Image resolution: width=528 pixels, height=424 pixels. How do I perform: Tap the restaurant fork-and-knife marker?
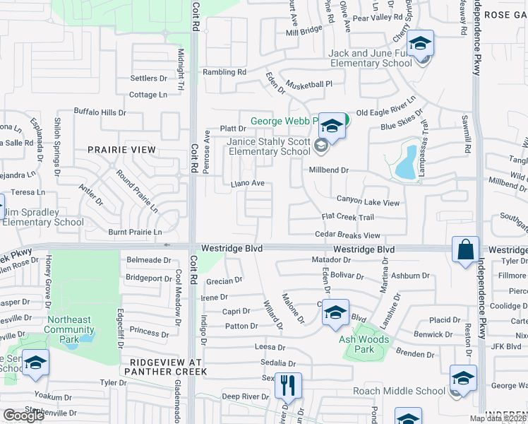(x=288, y=385)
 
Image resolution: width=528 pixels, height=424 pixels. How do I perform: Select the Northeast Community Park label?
(x=69, y=324)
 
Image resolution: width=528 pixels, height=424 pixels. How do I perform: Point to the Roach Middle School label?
(x=410, y=391)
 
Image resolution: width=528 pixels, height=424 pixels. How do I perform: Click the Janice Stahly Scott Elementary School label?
(x=268, y=146)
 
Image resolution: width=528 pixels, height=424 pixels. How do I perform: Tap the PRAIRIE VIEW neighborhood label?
(x=121, y=150)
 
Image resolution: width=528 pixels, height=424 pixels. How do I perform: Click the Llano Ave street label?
(x=248, y=184)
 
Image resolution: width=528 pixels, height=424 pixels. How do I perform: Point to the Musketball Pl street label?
(x=308, y=83)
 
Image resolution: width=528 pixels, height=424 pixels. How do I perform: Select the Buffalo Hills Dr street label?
(x=100, y=112)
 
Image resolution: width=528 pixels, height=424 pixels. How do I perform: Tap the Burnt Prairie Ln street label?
(x=135, y=232)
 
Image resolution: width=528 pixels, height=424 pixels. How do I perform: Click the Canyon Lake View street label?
(x=368, y=202)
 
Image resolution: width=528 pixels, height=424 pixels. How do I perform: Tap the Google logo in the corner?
(x=23, y=416)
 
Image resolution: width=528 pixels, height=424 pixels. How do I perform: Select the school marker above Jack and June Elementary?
(x=420, y=45)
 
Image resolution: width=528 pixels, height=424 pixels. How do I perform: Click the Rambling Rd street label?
(x=224, y=72)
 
